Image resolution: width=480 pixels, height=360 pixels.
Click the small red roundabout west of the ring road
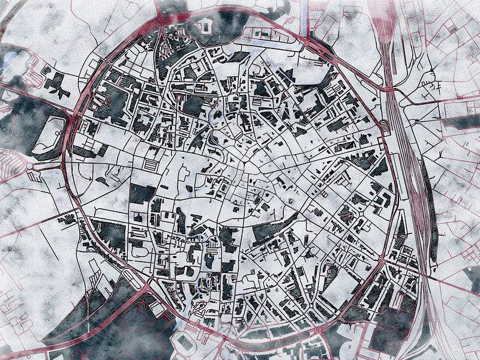pyautogui.click(x=29, y=166)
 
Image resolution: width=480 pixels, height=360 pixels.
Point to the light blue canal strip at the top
pyautogui.click(x=307, y=15)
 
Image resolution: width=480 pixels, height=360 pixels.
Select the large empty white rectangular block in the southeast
pyautogui.click(x=345, y=282)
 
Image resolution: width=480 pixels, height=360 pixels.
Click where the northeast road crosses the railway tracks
pyautogui.click(x=389, y=89)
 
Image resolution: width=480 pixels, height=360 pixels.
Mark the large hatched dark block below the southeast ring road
pyautogui.click(x=390, y=327)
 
